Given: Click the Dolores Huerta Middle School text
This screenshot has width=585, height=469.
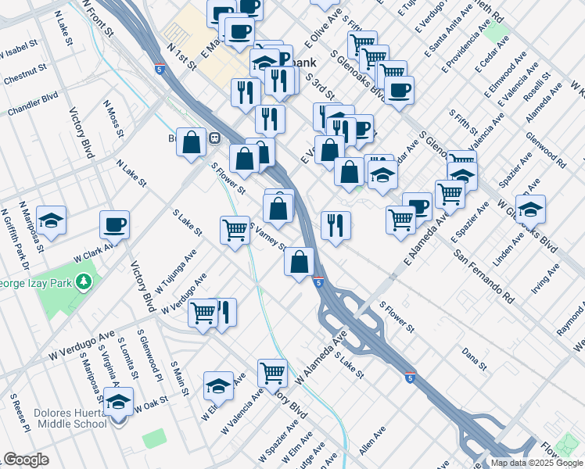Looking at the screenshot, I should point(58,418).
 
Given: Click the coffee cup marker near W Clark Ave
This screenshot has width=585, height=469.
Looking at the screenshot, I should point(114,224).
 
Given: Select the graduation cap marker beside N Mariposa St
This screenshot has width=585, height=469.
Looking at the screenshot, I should point(52,220).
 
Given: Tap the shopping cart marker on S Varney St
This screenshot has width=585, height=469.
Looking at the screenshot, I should point(235,231).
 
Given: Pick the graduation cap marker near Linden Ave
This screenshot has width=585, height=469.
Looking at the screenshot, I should point(530,209).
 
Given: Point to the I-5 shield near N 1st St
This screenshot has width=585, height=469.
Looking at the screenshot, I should point(160,70).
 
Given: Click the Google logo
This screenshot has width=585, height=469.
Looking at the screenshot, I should point(26,460).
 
